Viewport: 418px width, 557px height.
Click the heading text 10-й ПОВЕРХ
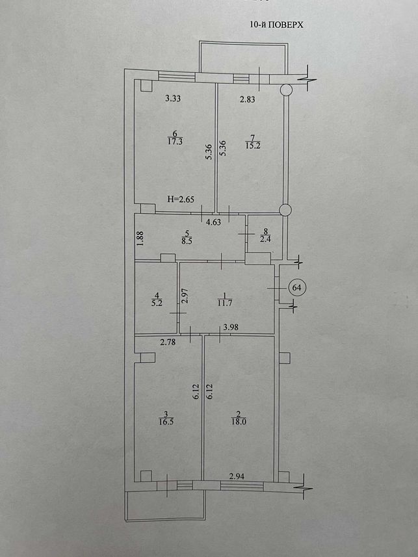pos(277,25)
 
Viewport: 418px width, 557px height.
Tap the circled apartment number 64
pos(297,287)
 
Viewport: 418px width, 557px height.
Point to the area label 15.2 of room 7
pos(252,146)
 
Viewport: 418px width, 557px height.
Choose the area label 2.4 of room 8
pos(265,239)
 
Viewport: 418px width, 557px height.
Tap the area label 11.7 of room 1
pos(224,303)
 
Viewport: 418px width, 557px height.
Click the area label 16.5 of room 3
pos(166,422)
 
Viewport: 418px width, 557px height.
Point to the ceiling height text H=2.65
pos(181,200)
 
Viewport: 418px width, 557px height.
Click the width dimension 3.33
pos(173,99)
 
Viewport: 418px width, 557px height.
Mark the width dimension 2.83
pos(247,99)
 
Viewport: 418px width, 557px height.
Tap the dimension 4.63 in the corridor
pos(214,223)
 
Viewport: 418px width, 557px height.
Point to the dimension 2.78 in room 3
pos(168,343)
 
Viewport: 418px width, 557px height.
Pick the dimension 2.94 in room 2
pos(237,476)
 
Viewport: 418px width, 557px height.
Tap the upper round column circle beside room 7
pos(285,90)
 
